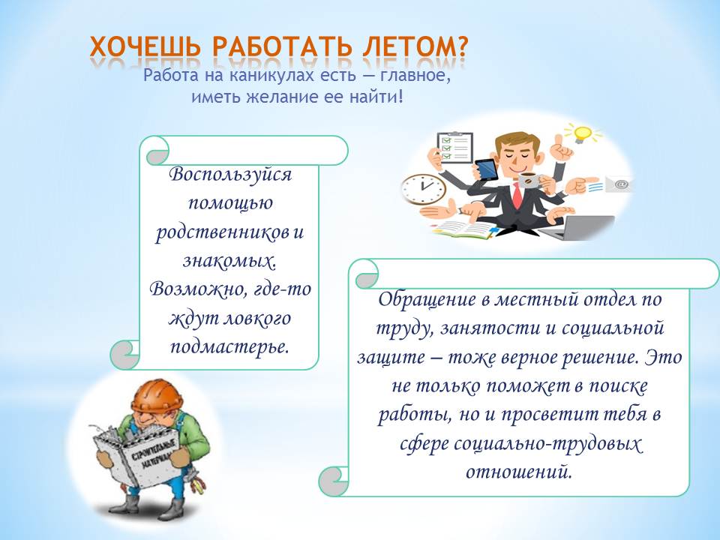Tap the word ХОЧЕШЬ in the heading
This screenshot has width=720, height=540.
(x=145, y=46)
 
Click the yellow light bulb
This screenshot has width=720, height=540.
(x=582, y=133)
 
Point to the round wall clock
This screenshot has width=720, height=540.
(x=423, y=189)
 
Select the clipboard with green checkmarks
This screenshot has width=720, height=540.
(x=454, y=148)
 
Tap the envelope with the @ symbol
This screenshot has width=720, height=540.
(x=618, y=184)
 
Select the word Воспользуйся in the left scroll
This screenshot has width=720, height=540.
(x=230, y=175)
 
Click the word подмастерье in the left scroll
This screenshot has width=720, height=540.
(x=230, y=346)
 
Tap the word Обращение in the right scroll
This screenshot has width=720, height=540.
(x=427, y=299)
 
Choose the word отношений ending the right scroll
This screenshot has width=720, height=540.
(x=519, y=472)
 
